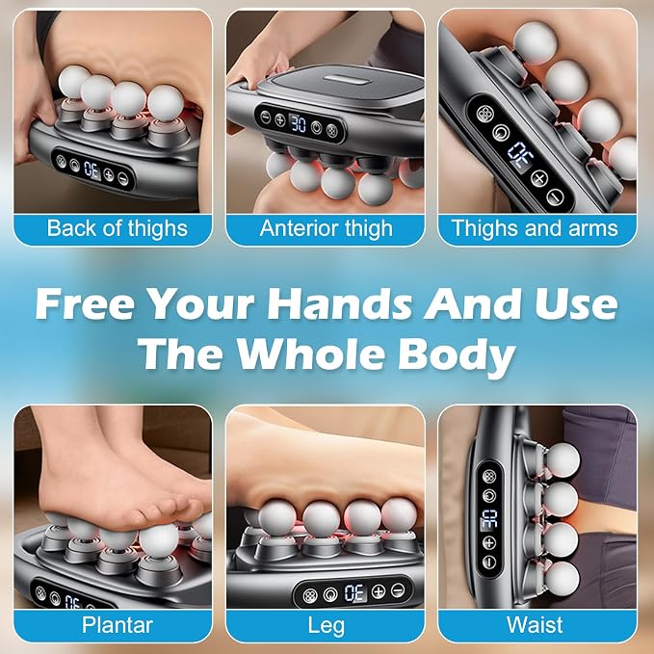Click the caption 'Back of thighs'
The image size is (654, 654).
point(118,229)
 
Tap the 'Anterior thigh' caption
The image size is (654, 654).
point(327,229)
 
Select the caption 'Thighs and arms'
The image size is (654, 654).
point(536,228)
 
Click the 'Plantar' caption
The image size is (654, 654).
point(118,625)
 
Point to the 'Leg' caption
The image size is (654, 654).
point(327,626)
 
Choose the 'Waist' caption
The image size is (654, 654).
point(535,625)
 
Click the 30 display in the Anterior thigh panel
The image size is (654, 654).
point(299,124)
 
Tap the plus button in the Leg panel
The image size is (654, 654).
point(379,591)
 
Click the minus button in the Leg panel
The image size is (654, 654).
point(398,590)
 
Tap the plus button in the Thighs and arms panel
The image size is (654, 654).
point(539,179)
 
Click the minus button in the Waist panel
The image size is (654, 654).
point(489,562)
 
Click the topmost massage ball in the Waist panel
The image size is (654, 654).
point(562,460)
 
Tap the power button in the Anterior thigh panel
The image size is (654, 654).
point(317,127)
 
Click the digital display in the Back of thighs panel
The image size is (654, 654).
point(92,170)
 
